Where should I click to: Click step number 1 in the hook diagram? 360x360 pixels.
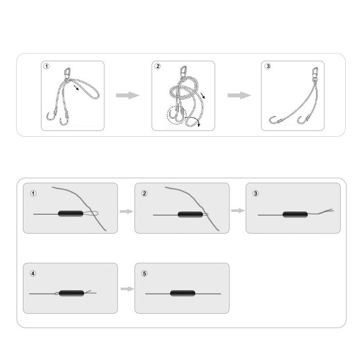(46, 66)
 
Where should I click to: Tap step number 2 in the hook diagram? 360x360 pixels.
(157, 66)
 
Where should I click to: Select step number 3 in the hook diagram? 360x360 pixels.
(268, 66)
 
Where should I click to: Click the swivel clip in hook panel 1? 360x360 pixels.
(67, 73)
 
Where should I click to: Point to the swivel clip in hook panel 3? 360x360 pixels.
(315, 73)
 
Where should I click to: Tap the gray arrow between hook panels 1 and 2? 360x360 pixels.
(128, 95)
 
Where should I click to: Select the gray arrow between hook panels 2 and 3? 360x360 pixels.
(239, 95)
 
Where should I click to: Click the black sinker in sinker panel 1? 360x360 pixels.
(71, 214)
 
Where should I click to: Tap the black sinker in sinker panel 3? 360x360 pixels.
(295, 215)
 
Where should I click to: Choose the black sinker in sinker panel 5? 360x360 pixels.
(183, 293)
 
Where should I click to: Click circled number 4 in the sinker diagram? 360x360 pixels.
(33, 274)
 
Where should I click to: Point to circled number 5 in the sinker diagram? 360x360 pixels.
(144, 274)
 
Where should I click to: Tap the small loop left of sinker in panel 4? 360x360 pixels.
(57, 293)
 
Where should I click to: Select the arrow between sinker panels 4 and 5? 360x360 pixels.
(127, 289)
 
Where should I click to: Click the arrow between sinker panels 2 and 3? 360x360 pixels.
(238, 211)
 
